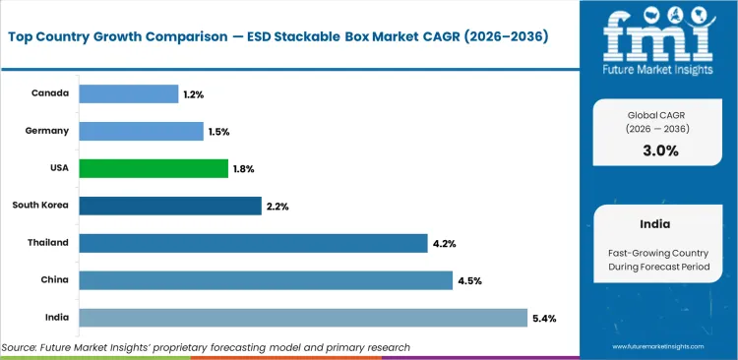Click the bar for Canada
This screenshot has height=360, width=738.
(x=128, y=93)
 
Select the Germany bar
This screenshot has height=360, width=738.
(x=141, y=131)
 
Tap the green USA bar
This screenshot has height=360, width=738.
(x=153, y=168)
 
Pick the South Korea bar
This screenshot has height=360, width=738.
(x=169, y=206)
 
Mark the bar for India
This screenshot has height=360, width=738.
(x=302, y=317)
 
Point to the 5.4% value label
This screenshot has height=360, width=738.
(x=545, y=318)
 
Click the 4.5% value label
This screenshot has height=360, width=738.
(x=468, y=280)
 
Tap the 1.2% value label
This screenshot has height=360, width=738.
(x=193, y=93)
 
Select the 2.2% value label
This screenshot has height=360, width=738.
(x=276, y=206)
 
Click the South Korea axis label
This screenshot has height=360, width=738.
(x=40, y=206)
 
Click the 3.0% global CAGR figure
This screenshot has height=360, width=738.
(x=659, y=150)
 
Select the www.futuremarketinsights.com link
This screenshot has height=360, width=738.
(x=659, y=347)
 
